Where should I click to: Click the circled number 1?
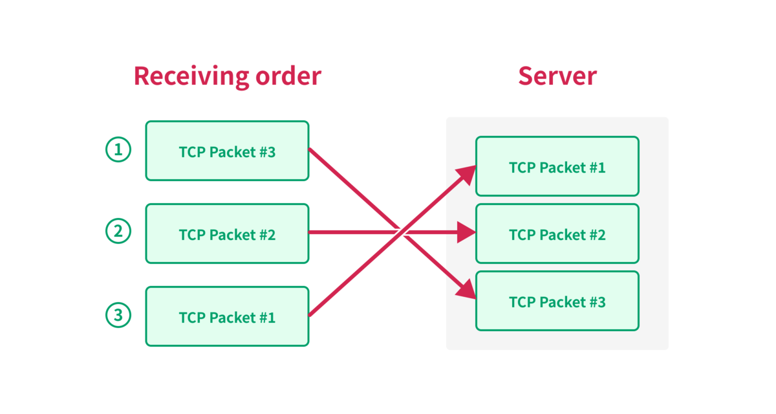(118, 149)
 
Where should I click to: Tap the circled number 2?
(118, 231)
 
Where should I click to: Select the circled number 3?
(118, 315)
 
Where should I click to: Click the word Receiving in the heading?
(191, 77)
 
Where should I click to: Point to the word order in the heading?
(288, 76)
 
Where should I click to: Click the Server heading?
(557, 76)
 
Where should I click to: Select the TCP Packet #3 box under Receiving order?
(227, 151)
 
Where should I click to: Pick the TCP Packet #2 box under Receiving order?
(227, 234)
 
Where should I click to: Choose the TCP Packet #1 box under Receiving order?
(227, 316)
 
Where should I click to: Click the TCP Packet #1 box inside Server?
(557, 166)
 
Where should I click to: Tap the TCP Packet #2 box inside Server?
(557, 234)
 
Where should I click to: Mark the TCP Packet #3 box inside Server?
(557, 301)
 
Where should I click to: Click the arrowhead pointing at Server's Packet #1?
(467, 174)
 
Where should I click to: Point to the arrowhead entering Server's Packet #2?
(467, 232)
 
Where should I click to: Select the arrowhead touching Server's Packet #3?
(467, 290)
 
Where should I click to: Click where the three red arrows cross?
(401, 232)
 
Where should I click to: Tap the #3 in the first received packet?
(266, 152)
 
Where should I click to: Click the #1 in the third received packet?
(266, 318)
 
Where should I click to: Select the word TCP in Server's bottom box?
(523, 302)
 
